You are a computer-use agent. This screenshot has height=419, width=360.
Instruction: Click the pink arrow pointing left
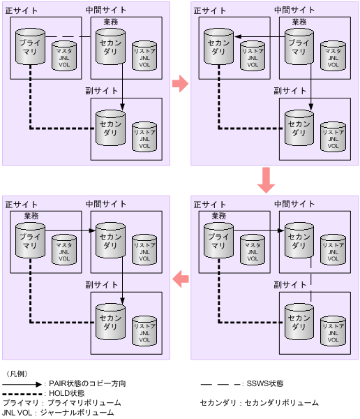point(180,277)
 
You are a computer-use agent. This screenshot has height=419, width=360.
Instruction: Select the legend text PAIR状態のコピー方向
point(87,383)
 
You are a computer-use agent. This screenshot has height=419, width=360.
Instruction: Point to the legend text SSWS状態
point(265,383)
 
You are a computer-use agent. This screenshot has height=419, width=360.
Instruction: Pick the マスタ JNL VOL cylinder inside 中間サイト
point(331,54)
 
